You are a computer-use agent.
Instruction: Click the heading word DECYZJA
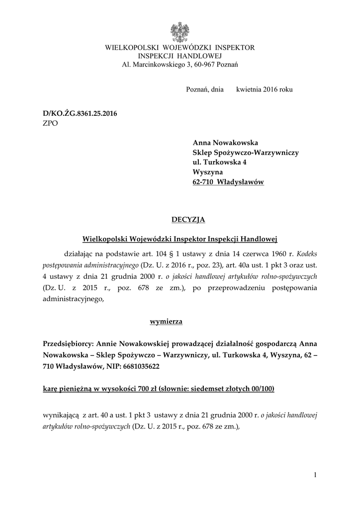point(188,219)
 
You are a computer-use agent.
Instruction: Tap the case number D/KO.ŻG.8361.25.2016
point(80,114)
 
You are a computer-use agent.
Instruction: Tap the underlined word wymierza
point(166,322)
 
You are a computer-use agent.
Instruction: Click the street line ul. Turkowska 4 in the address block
point(219,163)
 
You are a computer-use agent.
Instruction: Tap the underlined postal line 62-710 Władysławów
point(228,182)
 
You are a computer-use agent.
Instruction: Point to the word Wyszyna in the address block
point(206,172)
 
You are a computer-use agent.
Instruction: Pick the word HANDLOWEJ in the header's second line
point(201,56)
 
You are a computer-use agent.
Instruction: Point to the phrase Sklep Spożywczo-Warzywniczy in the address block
point(246,153)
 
